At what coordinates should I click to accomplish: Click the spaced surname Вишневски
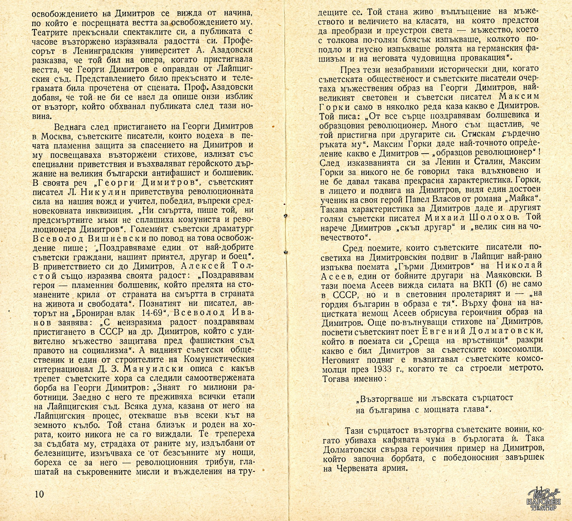[99, 238]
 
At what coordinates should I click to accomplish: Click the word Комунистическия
[219, 359]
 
